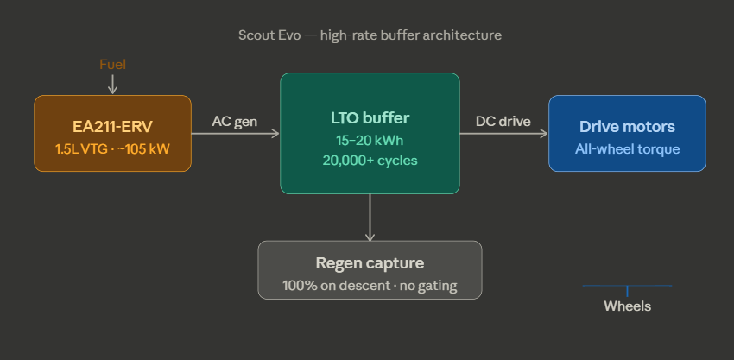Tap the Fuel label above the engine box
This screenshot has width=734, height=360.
coord(113,65)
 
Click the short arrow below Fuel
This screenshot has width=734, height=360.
coord(112,83)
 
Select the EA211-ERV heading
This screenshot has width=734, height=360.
coord(112,126)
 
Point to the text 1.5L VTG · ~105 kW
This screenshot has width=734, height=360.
coord(112,148)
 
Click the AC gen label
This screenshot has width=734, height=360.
coord(235,122)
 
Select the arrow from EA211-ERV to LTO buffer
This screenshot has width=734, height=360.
coord(235,133)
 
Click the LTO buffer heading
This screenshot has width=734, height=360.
coord(370,118)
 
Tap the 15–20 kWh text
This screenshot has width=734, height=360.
coord(370,140)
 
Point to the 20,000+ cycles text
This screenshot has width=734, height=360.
coord(370,160)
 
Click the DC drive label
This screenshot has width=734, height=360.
coord(503,122)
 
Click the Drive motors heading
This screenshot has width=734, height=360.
coord(627,127)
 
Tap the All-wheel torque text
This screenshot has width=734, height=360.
coord(627,148)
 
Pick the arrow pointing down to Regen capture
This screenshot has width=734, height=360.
coord(370,217)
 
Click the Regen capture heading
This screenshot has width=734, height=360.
coord(370,263)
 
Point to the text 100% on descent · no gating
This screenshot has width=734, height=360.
coord(370,285)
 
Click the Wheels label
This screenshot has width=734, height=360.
coord(627,306)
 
